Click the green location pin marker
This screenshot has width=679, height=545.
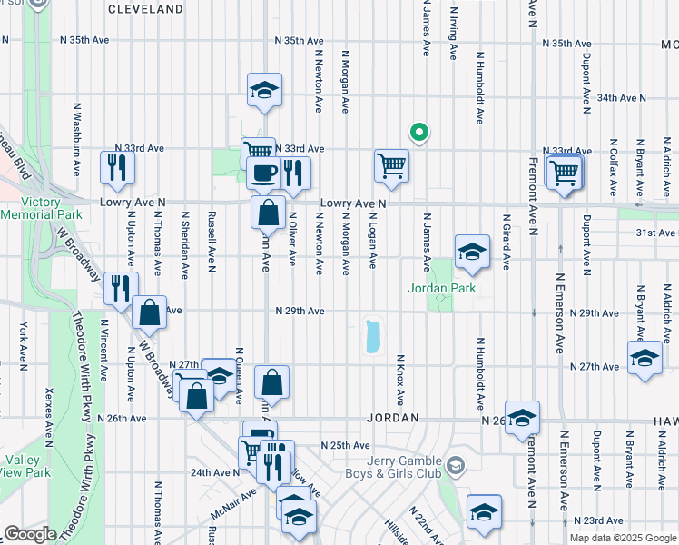[x=418, y=133]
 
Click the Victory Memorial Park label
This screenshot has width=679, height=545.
[x=43, y=208]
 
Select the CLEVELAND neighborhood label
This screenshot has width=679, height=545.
[x=145, y=9]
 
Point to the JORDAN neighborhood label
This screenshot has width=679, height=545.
[x=393, y=418]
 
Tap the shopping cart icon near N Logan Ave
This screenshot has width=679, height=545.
[x=391, y=165]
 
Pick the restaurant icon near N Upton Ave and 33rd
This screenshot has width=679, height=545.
[x=118, y=166]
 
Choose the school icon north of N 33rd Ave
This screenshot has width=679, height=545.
[x=264, y=89]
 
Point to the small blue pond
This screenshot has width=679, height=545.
[x=371, y=336]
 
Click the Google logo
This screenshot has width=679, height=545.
[x=30, y=534]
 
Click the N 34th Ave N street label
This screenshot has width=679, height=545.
[x=621, y=97]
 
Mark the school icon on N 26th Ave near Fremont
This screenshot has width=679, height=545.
[x=522, y=417]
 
